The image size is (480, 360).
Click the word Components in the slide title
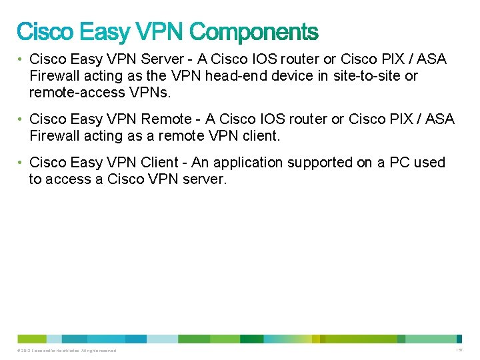coord(254,32)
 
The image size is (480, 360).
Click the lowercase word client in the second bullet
coord(262,136)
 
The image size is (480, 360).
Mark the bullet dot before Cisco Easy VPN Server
coord(21,60)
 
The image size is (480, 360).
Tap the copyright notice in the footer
coord(67,351)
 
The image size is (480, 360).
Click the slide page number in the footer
coord(459,350)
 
